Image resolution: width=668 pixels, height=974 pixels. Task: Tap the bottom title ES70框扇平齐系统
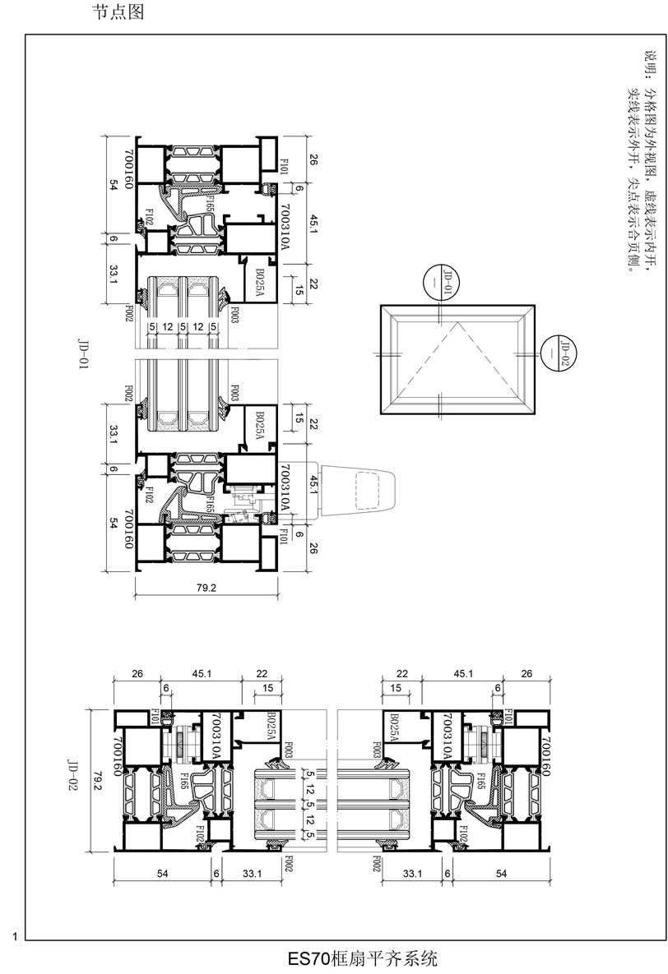coord(362,958)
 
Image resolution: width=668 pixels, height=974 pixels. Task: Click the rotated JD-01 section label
coord(82,354)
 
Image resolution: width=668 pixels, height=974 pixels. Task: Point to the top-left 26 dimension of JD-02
coord(137,674)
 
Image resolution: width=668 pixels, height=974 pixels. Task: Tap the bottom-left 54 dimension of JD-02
coord(162,875)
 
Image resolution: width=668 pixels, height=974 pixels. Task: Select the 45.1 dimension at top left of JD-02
coord(202,674)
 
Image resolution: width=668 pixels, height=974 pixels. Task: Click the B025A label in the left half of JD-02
coord(272,727)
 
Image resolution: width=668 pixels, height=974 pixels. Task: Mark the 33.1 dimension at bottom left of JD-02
coord(252,875)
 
